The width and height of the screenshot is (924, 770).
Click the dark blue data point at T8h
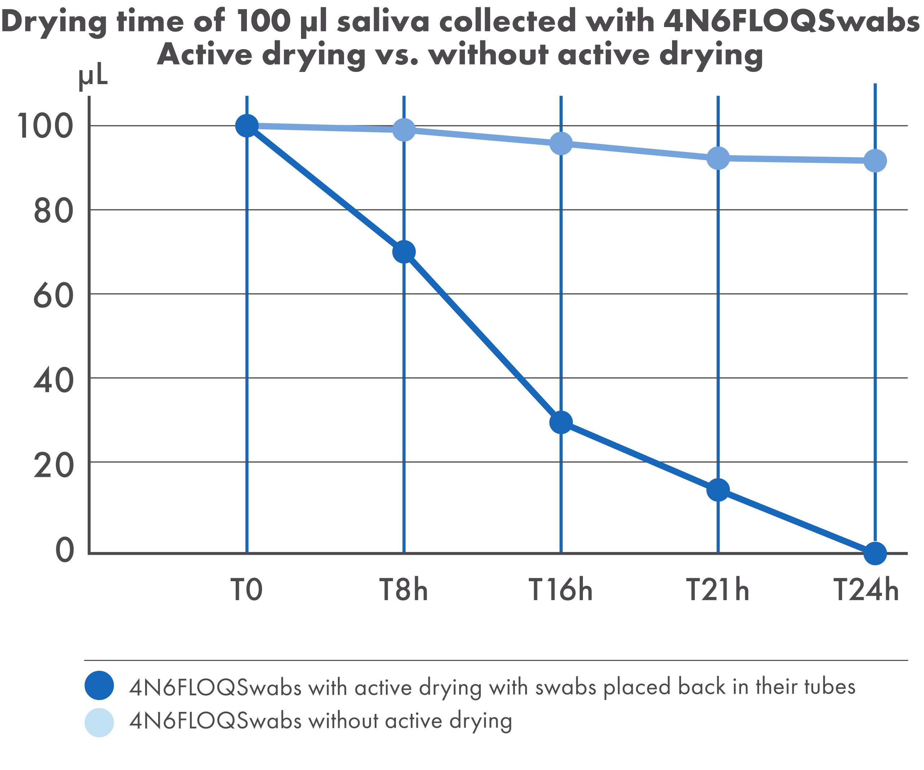(404, 252)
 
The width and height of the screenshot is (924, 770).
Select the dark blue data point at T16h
(561, 422)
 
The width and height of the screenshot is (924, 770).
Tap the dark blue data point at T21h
(718, 490)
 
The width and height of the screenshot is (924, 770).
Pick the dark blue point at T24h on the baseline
(875, 553)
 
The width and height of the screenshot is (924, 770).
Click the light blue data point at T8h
(404, 129)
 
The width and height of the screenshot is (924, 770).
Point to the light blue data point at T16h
(561, 143)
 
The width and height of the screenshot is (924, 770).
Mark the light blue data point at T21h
(718, 158)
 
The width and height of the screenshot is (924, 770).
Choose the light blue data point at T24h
(875, 161)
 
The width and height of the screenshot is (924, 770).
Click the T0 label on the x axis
(247, 590)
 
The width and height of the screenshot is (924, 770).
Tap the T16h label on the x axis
(561, 590)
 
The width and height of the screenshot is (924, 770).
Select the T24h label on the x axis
(866, 590)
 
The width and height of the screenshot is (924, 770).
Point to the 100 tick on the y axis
(44, 126)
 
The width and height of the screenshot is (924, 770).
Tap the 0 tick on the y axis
(64, 550)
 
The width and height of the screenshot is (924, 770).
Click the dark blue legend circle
(100, 685)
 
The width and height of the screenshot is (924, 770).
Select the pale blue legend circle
(100, 722)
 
